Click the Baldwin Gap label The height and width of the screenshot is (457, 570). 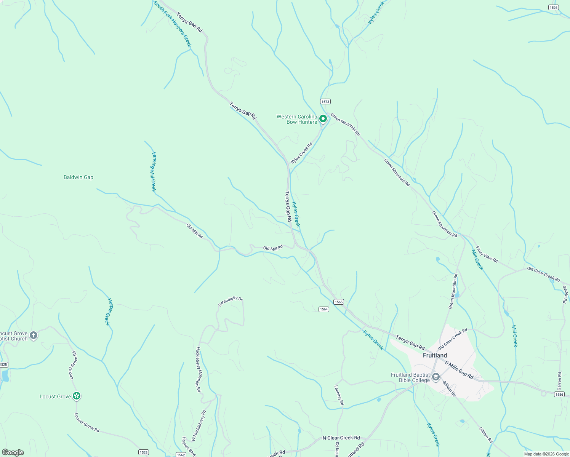(78, 177)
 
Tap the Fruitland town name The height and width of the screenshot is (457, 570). (435, 355)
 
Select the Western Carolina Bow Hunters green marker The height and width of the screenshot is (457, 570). (323, 119)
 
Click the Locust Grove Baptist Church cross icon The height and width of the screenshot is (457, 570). (34, 336)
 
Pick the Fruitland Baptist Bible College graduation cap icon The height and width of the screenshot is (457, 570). (436, 377)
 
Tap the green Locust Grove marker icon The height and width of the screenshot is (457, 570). (77, 396)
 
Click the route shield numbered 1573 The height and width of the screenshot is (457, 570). (325, 101)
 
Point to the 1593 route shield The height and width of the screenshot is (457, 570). (554, 7)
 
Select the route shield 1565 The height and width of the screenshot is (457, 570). (338, 302)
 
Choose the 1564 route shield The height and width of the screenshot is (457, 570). (323, 309)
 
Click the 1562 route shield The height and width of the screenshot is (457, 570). (181, 455)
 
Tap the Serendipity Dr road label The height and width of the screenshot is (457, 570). (230, 301)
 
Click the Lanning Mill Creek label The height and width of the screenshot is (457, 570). (154, 172)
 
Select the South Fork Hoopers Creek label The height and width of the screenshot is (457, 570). (173, 24)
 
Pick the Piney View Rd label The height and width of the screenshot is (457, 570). (487, 254)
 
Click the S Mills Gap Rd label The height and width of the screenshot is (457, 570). (459, 370)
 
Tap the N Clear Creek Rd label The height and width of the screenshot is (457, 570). (341, 438)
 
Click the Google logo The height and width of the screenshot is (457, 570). (13, 452)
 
